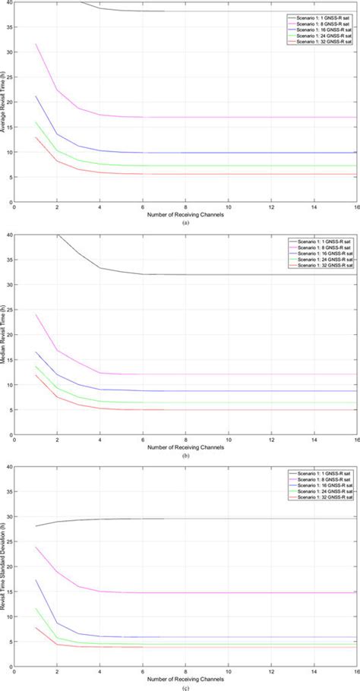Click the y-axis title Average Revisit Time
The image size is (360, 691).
pos(5,103)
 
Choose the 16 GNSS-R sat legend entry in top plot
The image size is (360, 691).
pos(323,29)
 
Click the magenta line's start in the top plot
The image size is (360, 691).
pos(36,44)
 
